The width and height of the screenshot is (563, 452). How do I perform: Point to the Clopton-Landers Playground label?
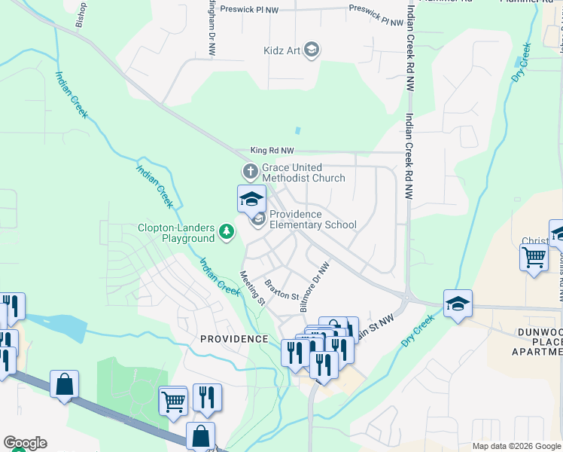point(176,233)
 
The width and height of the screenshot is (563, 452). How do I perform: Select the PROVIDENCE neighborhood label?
point(234,339)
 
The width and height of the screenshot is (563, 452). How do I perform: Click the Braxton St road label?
point(282,289)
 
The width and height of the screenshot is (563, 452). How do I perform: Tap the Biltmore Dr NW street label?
point(315,288)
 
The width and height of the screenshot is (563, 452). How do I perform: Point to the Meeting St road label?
point(253,289)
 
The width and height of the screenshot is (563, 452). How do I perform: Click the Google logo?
point(25,443)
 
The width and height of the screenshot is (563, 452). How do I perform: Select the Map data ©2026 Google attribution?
point(516,446)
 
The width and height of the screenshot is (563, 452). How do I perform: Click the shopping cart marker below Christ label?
point(534,258)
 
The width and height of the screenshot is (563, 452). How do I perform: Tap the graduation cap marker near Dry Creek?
point(458,304)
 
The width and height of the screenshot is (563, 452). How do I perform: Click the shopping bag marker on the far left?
point(65,384)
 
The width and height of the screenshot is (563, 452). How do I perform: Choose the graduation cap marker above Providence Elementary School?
point(251,200)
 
